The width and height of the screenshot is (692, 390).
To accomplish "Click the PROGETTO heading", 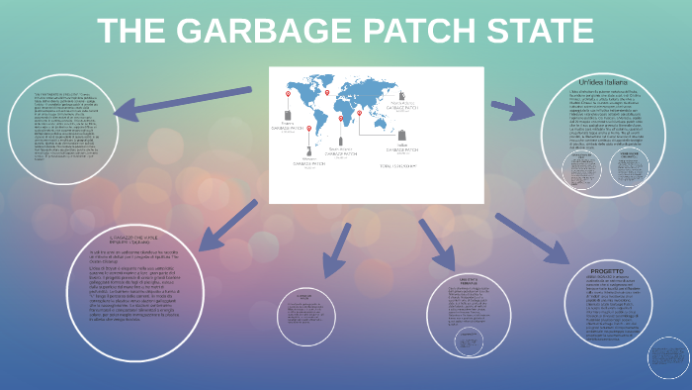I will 606,270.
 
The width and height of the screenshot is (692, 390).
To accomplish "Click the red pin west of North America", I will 289,96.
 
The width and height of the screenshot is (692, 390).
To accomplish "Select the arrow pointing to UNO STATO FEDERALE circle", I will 435,244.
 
